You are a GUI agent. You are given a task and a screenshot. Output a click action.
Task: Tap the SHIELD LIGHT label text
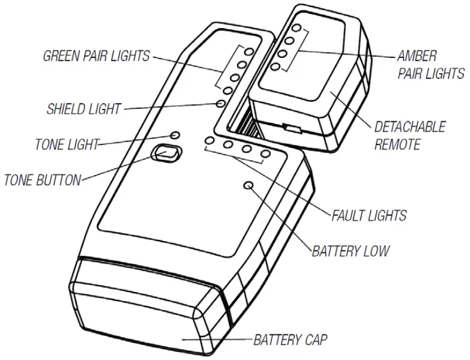pyautogui.click(x=84, y=109)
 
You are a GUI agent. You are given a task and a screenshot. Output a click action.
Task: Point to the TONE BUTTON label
pyautogui.click(x=42, y=180)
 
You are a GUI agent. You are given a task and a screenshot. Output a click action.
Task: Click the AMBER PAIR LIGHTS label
pyautogui.click(x=430, y=65)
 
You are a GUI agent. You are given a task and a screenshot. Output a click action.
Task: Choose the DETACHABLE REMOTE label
pyautogui.click(x=409, y=136)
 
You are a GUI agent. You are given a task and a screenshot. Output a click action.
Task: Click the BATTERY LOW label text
pyautogui.click(x=351, y=251)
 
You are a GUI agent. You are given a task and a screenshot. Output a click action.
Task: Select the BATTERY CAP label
pyautogui.click(x=290, y=339)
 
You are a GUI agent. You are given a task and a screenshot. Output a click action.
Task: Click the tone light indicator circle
pyautogui.click(x=175, y=135)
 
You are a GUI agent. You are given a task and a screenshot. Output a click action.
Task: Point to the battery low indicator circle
pyautogui.click(x=248, y=186)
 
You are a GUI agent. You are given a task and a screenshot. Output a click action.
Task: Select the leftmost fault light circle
pyautogui.click(x=210, y=142)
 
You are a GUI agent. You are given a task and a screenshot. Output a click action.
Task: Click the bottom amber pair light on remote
pyautogui.click(x=276, y=66)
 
